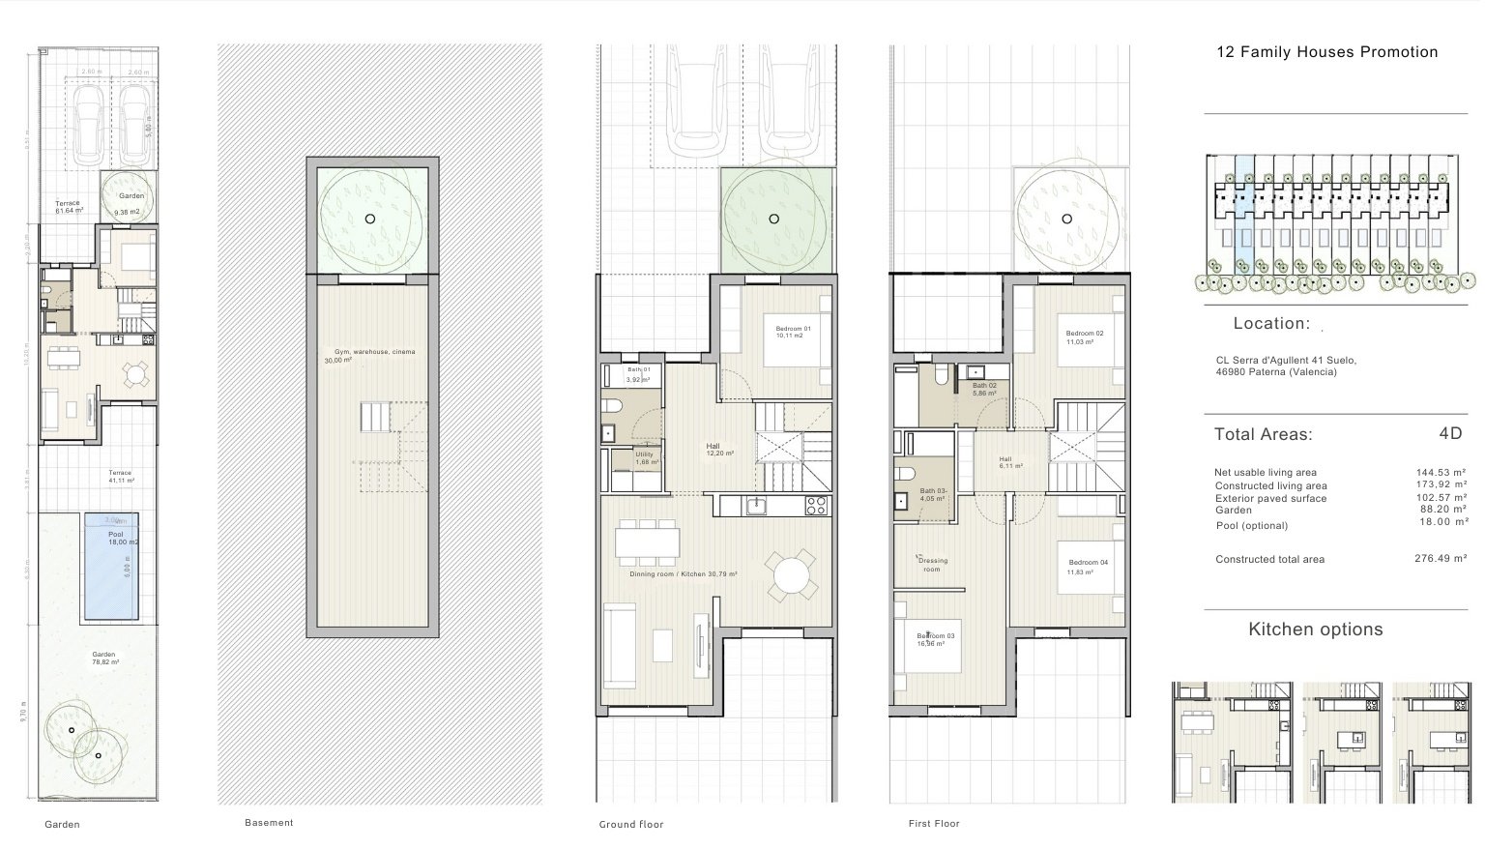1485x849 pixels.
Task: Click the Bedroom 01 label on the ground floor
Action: pos(793,333)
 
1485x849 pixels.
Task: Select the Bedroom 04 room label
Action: pos(1087,567)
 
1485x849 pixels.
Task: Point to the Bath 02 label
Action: pos(984,390)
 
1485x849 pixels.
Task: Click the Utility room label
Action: pos(645,458)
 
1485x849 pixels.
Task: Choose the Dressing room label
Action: pos(932,565)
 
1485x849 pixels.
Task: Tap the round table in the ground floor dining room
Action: pos(791,576)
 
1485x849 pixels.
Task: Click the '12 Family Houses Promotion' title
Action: pos(1326,52)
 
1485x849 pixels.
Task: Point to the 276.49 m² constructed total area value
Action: pos(1440,559)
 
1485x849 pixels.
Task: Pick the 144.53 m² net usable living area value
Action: pos(1440,472)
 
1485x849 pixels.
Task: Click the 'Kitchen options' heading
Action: pos(1315,629)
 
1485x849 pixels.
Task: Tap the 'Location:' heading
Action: pos(1271,324)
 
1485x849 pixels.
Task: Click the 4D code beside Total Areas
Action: pos(1449,433)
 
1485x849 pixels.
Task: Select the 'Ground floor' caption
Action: pos(631,825)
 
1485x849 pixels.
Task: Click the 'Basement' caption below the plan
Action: pos(269,823)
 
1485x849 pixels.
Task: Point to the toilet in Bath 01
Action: pos(612,406)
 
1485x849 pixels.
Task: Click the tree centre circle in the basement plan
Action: pos(369,220)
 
